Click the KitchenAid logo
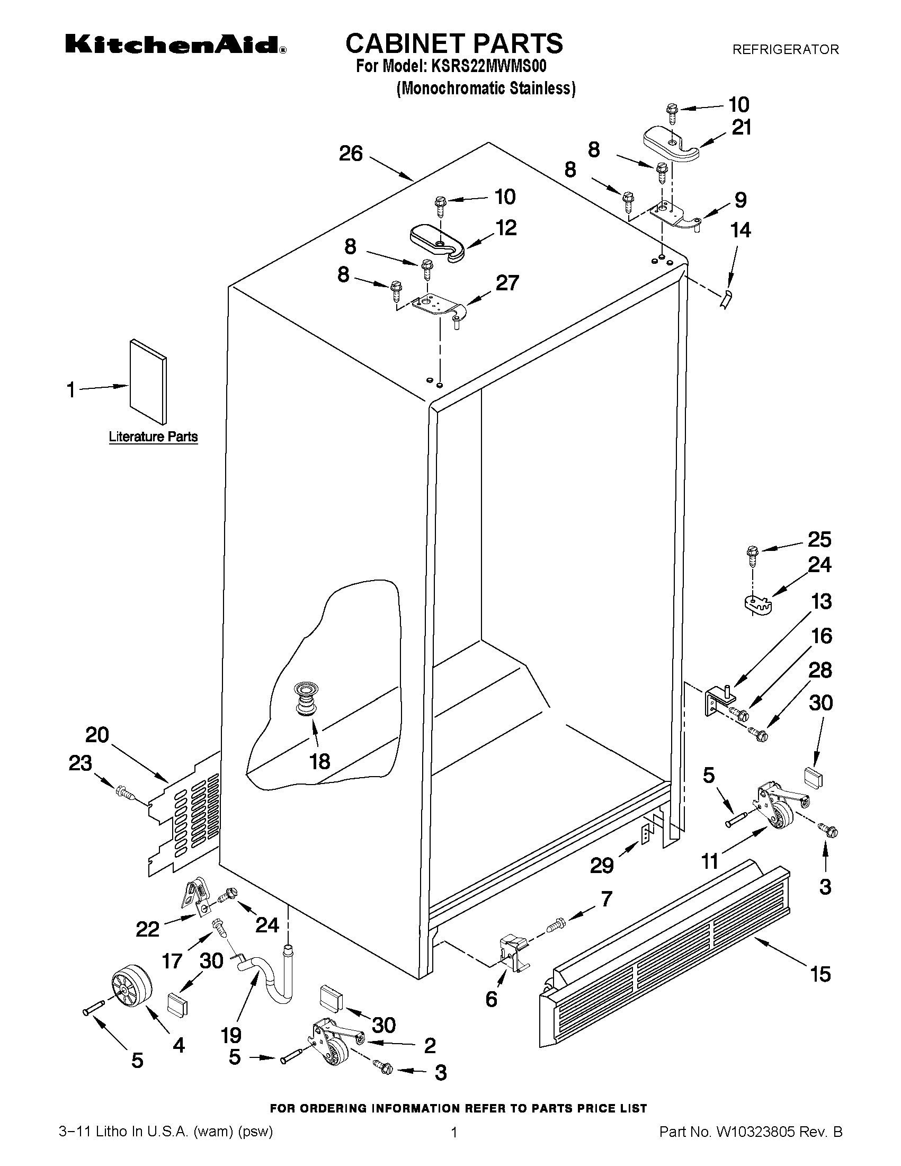(176, 45)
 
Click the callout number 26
(351, 154)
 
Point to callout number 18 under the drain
(320, 761)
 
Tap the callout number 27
(506, 283)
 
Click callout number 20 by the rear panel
(97, 735)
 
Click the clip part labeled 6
(513, 953)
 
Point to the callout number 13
(821, 602)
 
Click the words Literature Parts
(153, 437)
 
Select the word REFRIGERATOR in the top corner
(785, 50)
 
